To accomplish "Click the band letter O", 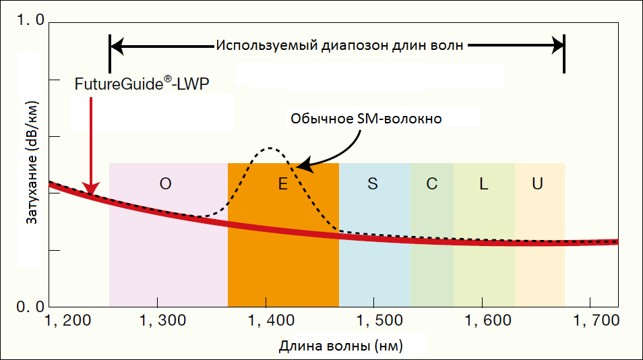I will tap(166, 185).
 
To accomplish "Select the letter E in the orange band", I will tap(283, 185).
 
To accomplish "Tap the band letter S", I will tap(373, 185).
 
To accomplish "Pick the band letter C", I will tap(432, 185).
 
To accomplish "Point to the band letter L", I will tap(483, 185).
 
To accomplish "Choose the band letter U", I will tap(537, 185).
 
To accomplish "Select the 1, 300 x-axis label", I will tap(158, 320).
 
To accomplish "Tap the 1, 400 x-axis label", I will tap(267, 320).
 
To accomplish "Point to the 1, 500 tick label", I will tap(375, 320).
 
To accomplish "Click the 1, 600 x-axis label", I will tap(483, 320).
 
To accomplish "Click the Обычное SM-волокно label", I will tap(366, 119).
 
